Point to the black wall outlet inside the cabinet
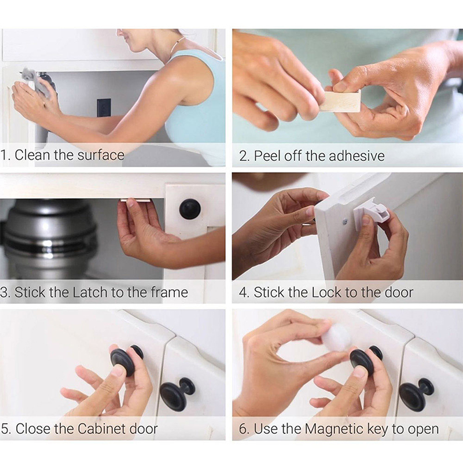pos(104,108)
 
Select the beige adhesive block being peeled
pos(341,100)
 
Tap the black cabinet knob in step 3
pos(190,209)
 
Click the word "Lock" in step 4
pos(327,292)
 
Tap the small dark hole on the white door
pos(345,221)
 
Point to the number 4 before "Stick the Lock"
pos(243,292)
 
